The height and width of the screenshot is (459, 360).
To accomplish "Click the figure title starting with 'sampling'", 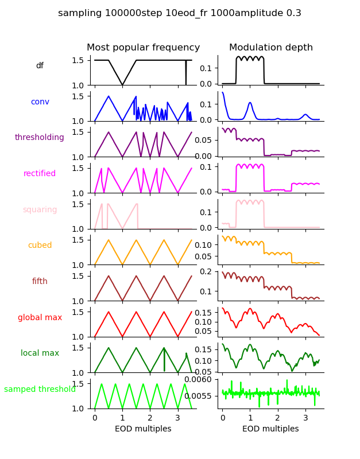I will (180, 13).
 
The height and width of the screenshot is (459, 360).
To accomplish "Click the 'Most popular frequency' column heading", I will (143, 48).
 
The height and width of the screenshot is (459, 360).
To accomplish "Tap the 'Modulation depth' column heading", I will (271, 48).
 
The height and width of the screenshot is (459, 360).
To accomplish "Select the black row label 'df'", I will (40, 66).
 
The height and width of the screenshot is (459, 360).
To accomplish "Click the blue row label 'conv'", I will (40, 102).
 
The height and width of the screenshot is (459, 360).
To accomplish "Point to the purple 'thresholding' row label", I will (40, 138).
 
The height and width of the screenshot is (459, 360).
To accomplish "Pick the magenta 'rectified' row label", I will (40, 174).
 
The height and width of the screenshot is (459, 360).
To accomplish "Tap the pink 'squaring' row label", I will (40, 210).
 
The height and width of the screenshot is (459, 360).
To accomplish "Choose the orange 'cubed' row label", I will (40, 246).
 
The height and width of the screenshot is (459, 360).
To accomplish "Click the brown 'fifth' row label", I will (40, 282).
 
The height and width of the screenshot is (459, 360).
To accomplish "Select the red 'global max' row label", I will (40, 317).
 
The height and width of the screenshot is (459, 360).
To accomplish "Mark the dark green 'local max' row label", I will (40, 353).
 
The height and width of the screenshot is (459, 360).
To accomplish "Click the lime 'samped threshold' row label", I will (40, 390).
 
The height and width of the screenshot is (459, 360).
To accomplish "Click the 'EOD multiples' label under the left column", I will (143, 429).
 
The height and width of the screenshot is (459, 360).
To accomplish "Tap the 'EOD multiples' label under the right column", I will (270, 429).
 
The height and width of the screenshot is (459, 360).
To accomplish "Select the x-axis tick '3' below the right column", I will (305, 418).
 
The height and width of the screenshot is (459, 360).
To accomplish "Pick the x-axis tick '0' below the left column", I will (95, 418).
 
